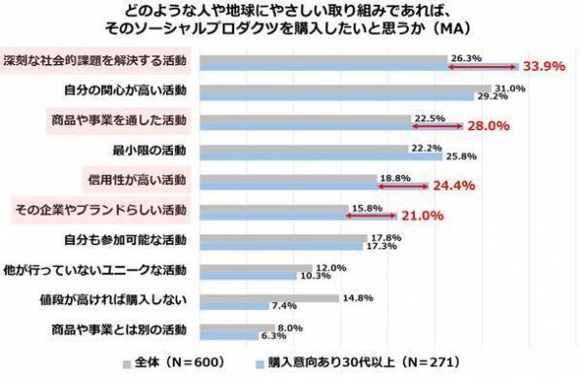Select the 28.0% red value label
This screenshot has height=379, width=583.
(x=489, y=126)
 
